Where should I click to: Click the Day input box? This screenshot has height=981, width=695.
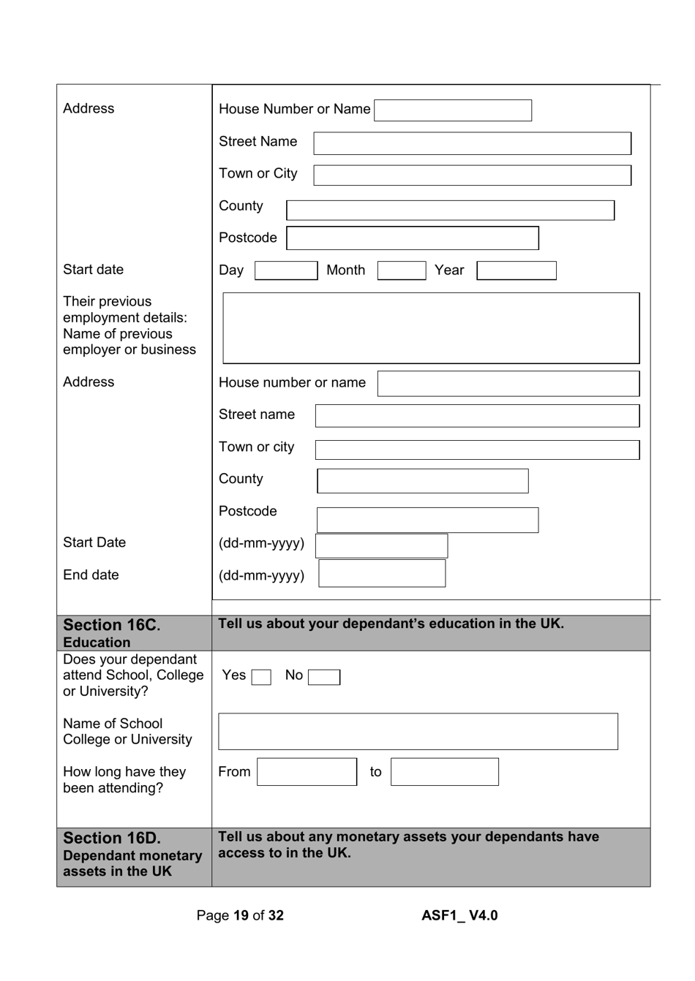pyautogui.click(x=286, y=271)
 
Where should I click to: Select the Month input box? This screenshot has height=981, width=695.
pyautogui.click(x=401, y=271)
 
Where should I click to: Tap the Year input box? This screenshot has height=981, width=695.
pyautogui.click(x=516, y=271)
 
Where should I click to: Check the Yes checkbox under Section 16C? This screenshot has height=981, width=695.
pyautogui.click(x=261, y=678)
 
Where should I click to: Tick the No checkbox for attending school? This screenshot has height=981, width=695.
pyautogui.click(x=323, y=678)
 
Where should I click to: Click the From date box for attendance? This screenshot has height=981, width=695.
pyautogui.click(x=307, y=772)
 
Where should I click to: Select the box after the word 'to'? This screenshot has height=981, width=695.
pyautogui.click(x=444, y=772)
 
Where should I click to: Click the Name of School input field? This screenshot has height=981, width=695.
pyautogui.click(x=418, y=732)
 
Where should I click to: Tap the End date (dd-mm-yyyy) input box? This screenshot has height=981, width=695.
pyautogui.click(x=382, y=574)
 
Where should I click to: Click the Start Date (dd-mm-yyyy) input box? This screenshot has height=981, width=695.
pyautogui.click(x=381, y=546)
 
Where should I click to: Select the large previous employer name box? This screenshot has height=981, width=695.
pyautogui.click(x=431, y=328)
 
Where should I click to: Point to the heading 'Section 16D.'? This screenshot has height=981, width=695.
pyautogui.click(x=111, y=838)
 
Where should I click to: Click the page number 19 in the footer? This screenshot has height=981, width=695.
pyautogui.click(x=241, y=916)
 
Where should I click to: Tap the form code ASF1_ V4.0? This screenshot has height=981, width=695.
pyautogui.click(x=459, y=916)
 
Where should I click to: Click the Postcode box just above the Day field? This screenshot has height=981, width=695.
pyautogui.click(x=413, y=238)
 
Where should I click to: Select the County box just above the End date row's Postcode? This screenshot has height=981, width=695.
pyautogui.click(x=422, y=481)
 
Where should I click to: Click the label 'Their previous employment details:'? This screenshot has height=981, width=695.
pyautogui.click(x=124, y=310)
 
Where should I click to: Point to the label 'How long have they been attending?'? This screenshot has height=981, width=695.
pyautogui.click(x=124, y=780)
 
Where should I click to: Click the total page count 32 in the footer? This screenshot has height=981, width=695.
pyautogui.click(x=276, y=916)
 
